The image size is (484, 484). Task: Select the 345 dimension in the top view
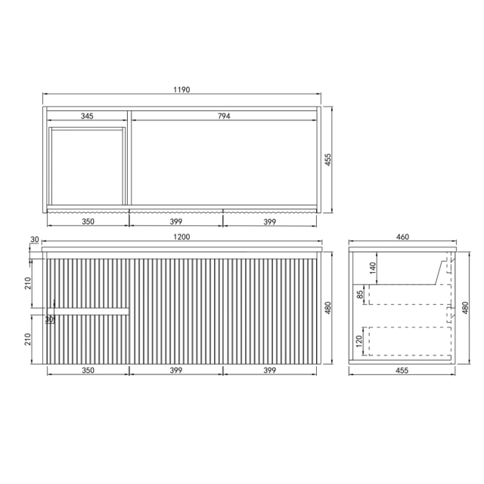pyautogui.click(x=87, y=116)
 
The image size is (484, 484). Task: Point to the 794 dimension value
pyautogui.click(x=224, y=116)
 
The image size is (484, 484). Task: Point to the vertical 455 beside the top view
pyautogui.click(x=330, y=160)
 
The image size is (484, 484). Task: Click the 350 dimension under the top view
pyautogui.click(x=87, y=222)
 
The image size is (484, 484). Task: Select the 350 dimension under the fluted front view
pyautogui.click(x=87, y=371)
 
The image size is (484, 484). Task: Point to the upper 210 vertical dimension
pyautogui.click(x=28, y=284)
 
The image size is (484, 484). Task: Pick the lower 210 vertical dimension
pyautogui.click(x=28, y=339)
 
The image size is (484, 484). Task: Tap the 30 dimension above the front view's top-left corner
pyautogui.click(x=35, y=240)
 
